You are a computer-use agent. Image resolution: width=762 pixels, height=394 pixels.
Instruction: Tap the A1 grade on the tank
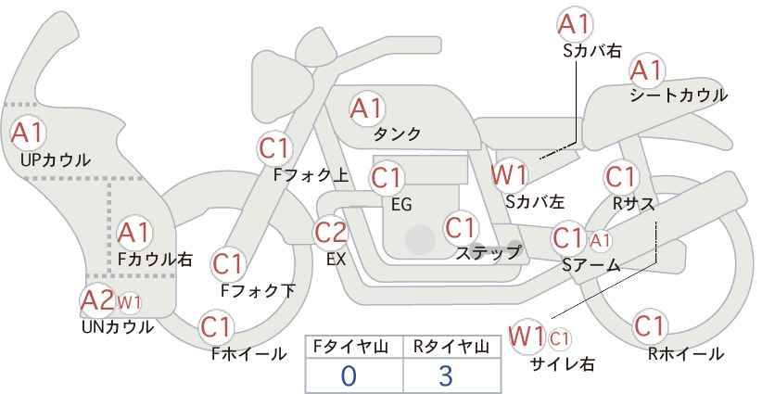pyautogui.click(x=366, y=108)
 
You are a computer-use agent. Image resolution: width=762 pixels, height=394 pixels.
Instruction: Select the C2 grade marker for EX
pyautogui.click(x=331, y=232)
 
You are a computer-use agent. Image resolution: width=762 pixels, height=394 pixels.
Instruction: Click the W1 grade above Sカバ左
pyautogui.click(x=510, y=173)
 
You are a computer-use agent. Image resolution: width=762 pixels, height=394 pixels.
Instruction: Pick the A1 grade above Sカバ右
pyautogui.click(x=576, y=24)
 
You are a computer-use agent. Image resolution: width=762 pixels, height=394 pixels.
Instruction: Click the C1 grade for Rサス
pyautogui.click(x=620, y=176)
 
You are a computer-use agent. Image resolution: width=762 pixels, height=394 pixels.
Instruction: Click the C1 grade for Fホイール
pyautogui.click(x=217, y=327)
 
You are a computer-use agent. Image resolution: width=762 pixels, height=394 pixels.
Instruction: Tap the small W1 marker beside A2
pyautogui.click(x=128, y=301)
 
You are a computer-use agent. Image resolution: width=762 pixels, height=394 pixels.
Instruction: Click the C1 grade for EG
pyautogui.click(x=387, y=176)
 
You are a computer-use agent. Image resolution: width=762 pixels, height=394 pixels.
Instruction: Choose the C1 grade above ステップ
pyautogui.click(x=461, y=227)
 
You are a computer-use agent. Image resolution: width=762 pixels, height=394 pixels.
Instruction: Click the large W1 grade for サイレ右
pyautogui.click(x=528, y=335)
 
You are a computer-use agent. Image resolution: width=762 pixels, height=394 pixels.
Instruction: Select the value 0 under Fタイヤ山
pyautogui.click(x=349, y=375)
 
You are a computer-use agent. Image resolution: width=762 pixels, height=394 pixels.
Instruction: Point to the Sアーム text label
pyautogui.click(x=591, y=265)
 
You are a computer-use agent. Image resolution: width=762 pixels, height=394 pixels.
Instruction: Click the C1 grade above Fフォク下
pyautogui.click(x=227, y=264)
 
